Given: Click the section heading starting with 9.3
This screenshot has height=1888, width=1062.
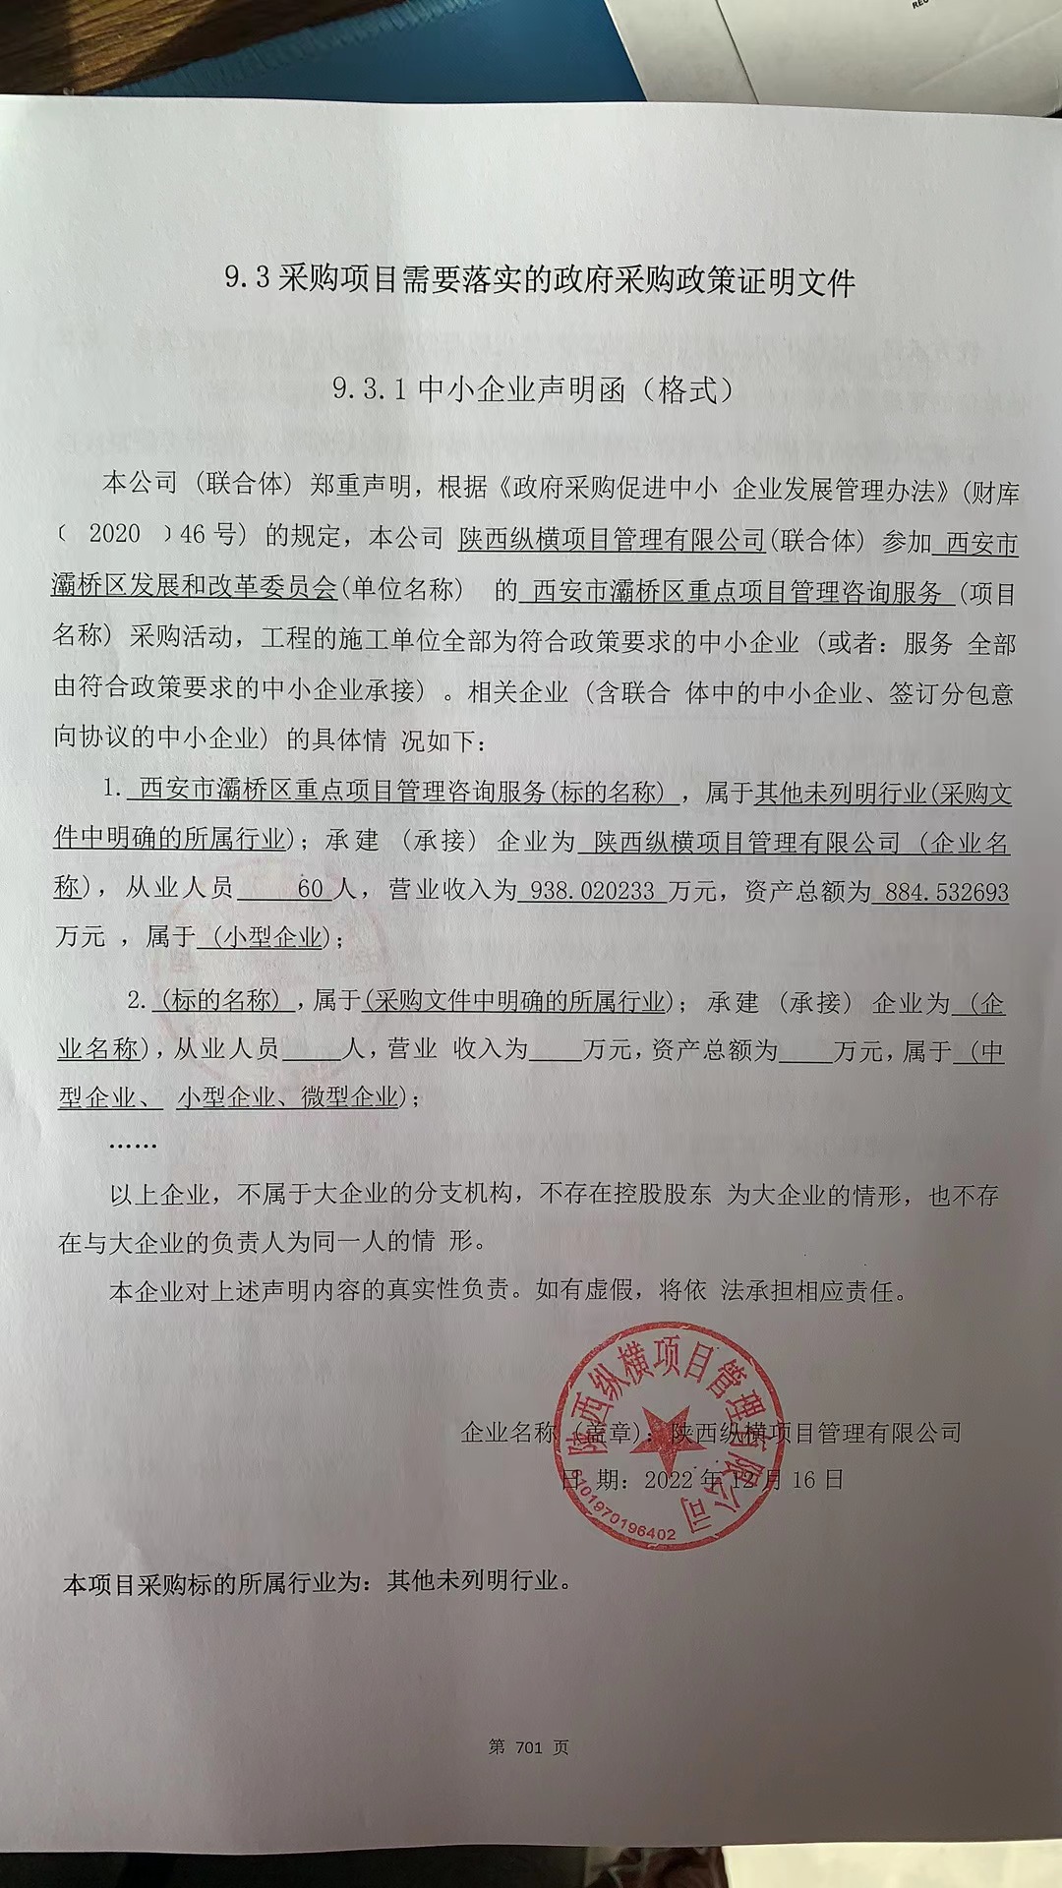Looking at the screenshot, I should coord(540,282).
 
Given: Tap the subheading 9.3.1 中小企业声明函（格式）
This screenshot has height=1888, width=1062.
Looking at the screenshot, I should coord(534,390).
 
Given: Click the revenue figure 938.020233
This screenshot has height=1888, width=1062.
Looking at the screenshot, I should coord(592,891).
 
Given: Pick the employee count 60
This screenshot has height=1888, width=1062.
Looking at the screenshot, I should coord(311,890).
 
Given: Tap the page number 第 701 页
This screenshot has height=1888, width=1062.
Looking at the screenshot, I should coord(529,1746).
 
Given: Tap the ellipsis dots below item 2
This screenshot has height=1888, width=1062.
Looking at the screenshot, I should coord(132,1146).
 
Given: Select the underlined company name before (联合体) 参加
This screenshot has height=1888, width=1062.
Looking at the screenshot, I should coord(612,539).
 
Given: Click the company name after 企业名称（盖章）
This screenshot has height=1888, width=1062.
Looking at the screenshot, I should coord(815,1433).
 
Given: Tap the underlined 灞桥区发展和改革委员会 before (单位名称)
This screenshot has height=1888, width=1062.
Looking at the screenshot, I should coord(195,587).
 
